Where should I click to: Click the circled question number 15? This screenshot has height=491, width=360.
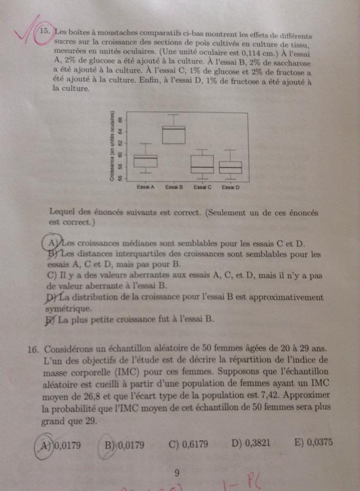[45, 31]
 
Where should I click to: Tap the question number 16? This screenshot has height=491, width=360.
[34, 349]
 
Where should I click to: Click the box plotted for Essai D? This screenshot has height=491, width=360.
[231, 167]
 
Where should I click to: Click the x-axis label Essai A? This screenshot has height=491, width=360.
[146, 187]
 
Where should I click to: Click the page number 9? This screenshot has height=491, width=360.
[177, 473]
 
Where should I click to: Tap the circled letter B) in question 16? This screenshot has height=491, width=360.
[110, 445]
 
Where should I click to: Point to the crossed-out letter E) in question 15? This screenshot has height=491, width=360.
[50, 321]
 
